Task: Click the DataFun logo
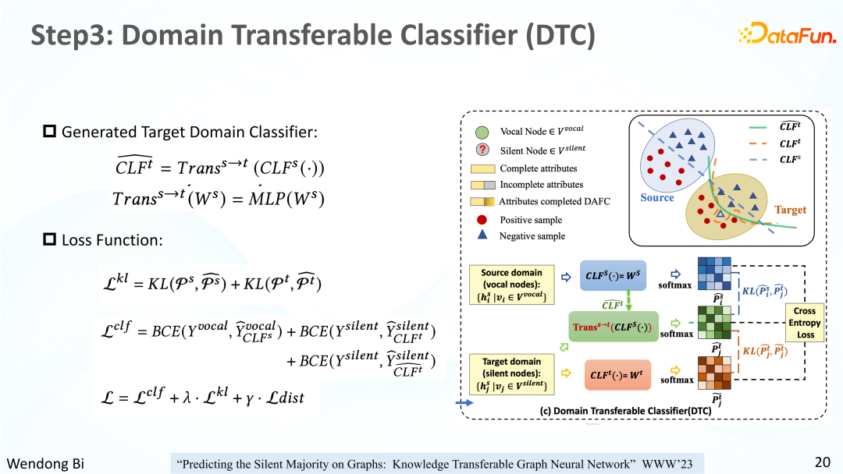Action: [x=787, y=34]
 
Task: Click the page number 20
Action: [x=823, y=462]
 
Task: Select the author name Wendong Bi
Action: [x=45, y=463]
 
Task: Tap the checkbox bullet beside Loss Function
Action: [x=49, y=239]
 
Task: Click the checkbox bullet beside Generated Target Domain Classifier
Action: [x=49, y=131]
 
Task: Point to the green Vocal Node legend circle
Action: [x=482, y=132]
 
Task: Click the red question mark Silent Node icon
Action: [x=482, y=150]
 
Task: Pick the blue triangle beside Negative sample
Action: [x=482, y=235]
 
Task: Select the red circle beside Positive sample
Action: [x=482, y=220]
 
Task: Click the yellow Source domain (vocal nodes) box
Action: [x=511, y=285]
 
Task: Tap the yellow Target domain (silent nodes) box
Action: [x=511, y=373]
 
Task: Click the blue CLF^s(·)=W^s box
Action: [x=613, y=275]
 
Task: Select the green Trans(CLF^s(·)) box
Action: [x=614, y=327]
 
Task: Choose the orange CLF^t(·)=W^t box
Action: [x=617, y=375]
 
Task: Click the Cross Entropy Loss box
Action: [x=804, y=323]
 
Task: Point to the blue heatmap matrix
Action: [x=714, y=274]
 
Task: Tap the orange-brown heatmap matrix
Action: [x=714, y=373]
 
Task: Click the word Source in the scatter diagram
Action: [x=657, y=197]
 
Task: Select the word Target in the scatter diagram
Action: [x=790, y=210]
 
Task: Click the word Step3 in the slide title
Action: [x=72, y=35]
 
